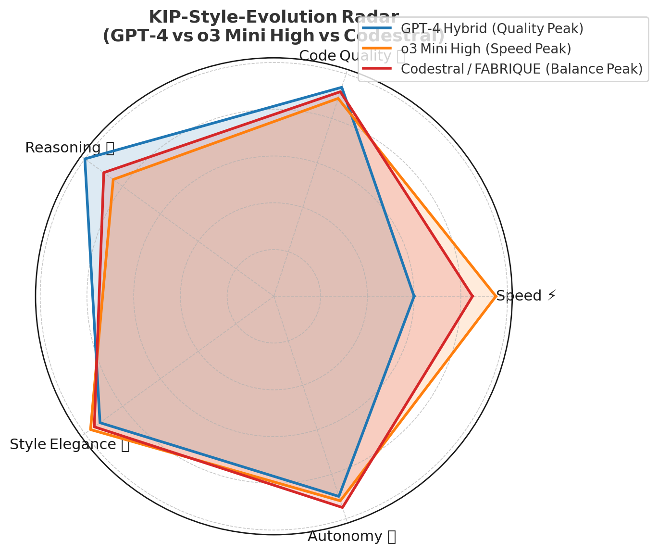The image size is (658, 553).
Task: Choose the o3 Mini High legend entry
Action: (485, 49)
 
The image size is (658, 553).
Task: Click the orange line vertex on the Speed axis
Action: (496, 296)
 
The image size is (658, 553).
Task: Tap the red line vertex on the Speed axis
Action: (473, 296)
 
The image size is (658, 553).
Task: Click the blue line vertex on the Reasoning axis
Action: (85, 159)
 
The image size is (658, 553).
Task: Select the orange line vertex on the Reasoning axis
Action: (112, 179)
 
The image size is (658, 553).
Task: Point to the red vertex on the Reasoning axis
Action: (103, 173)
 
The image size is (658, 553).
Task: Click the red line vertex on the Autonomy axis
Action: (342, 507)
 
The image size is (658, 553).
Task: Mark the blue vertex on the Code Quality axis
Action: (342, 88)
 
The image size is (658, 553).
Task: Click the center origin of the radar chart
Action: (274, 296)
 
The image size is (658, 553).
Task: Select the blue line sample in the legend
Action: (378, 28)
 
